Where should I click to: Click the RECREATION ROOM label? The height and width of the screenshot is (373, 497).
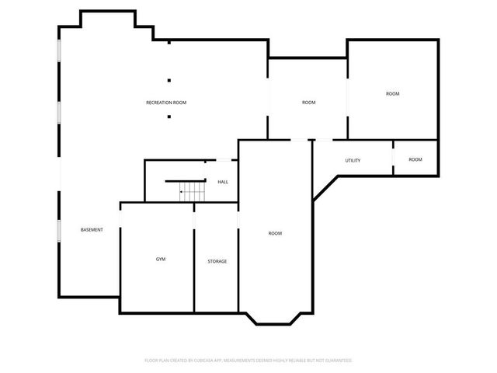pos(166,103)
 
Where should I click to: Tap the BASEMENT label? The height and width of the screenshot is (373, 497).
pos(92,229)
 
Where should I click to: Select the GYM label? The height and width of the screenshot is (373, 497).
pos(161,259)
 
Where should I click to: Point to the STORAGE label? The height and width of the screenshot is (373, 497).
pos(217,261)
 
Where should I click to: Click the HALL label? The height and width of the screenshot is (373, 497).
pos(223,182)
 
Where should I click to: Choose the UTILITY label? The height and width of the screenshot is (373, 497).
pos(353,160)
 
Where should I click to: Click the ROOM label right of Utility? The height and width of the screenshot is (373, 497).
pos(415,159)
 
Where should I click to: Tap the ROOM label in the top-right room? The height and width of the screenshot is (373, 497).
pos(392,94)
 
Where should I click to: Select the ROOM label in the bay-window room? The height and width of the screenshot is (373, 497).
pos(275,233)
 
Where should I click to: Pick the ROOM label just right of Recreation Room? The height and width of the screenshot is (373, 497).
pos(308,103)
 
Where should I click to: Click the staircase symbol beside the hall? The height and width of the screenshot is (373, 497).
pos(192,189)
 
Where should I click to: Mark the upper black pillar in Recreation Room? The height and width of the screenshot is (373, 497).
pos(169,79)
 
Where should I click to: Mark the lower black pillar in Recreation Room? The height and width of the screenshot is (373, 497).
pos(169,117)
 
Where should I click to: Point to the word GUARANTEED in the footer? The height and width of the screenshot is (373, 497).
pos(336,361)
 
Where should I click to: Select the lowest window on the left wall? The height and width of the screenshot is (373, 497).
pos(59,230)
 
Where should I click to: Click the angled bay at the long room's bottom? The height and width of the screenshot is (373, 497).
pos(275,317)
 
